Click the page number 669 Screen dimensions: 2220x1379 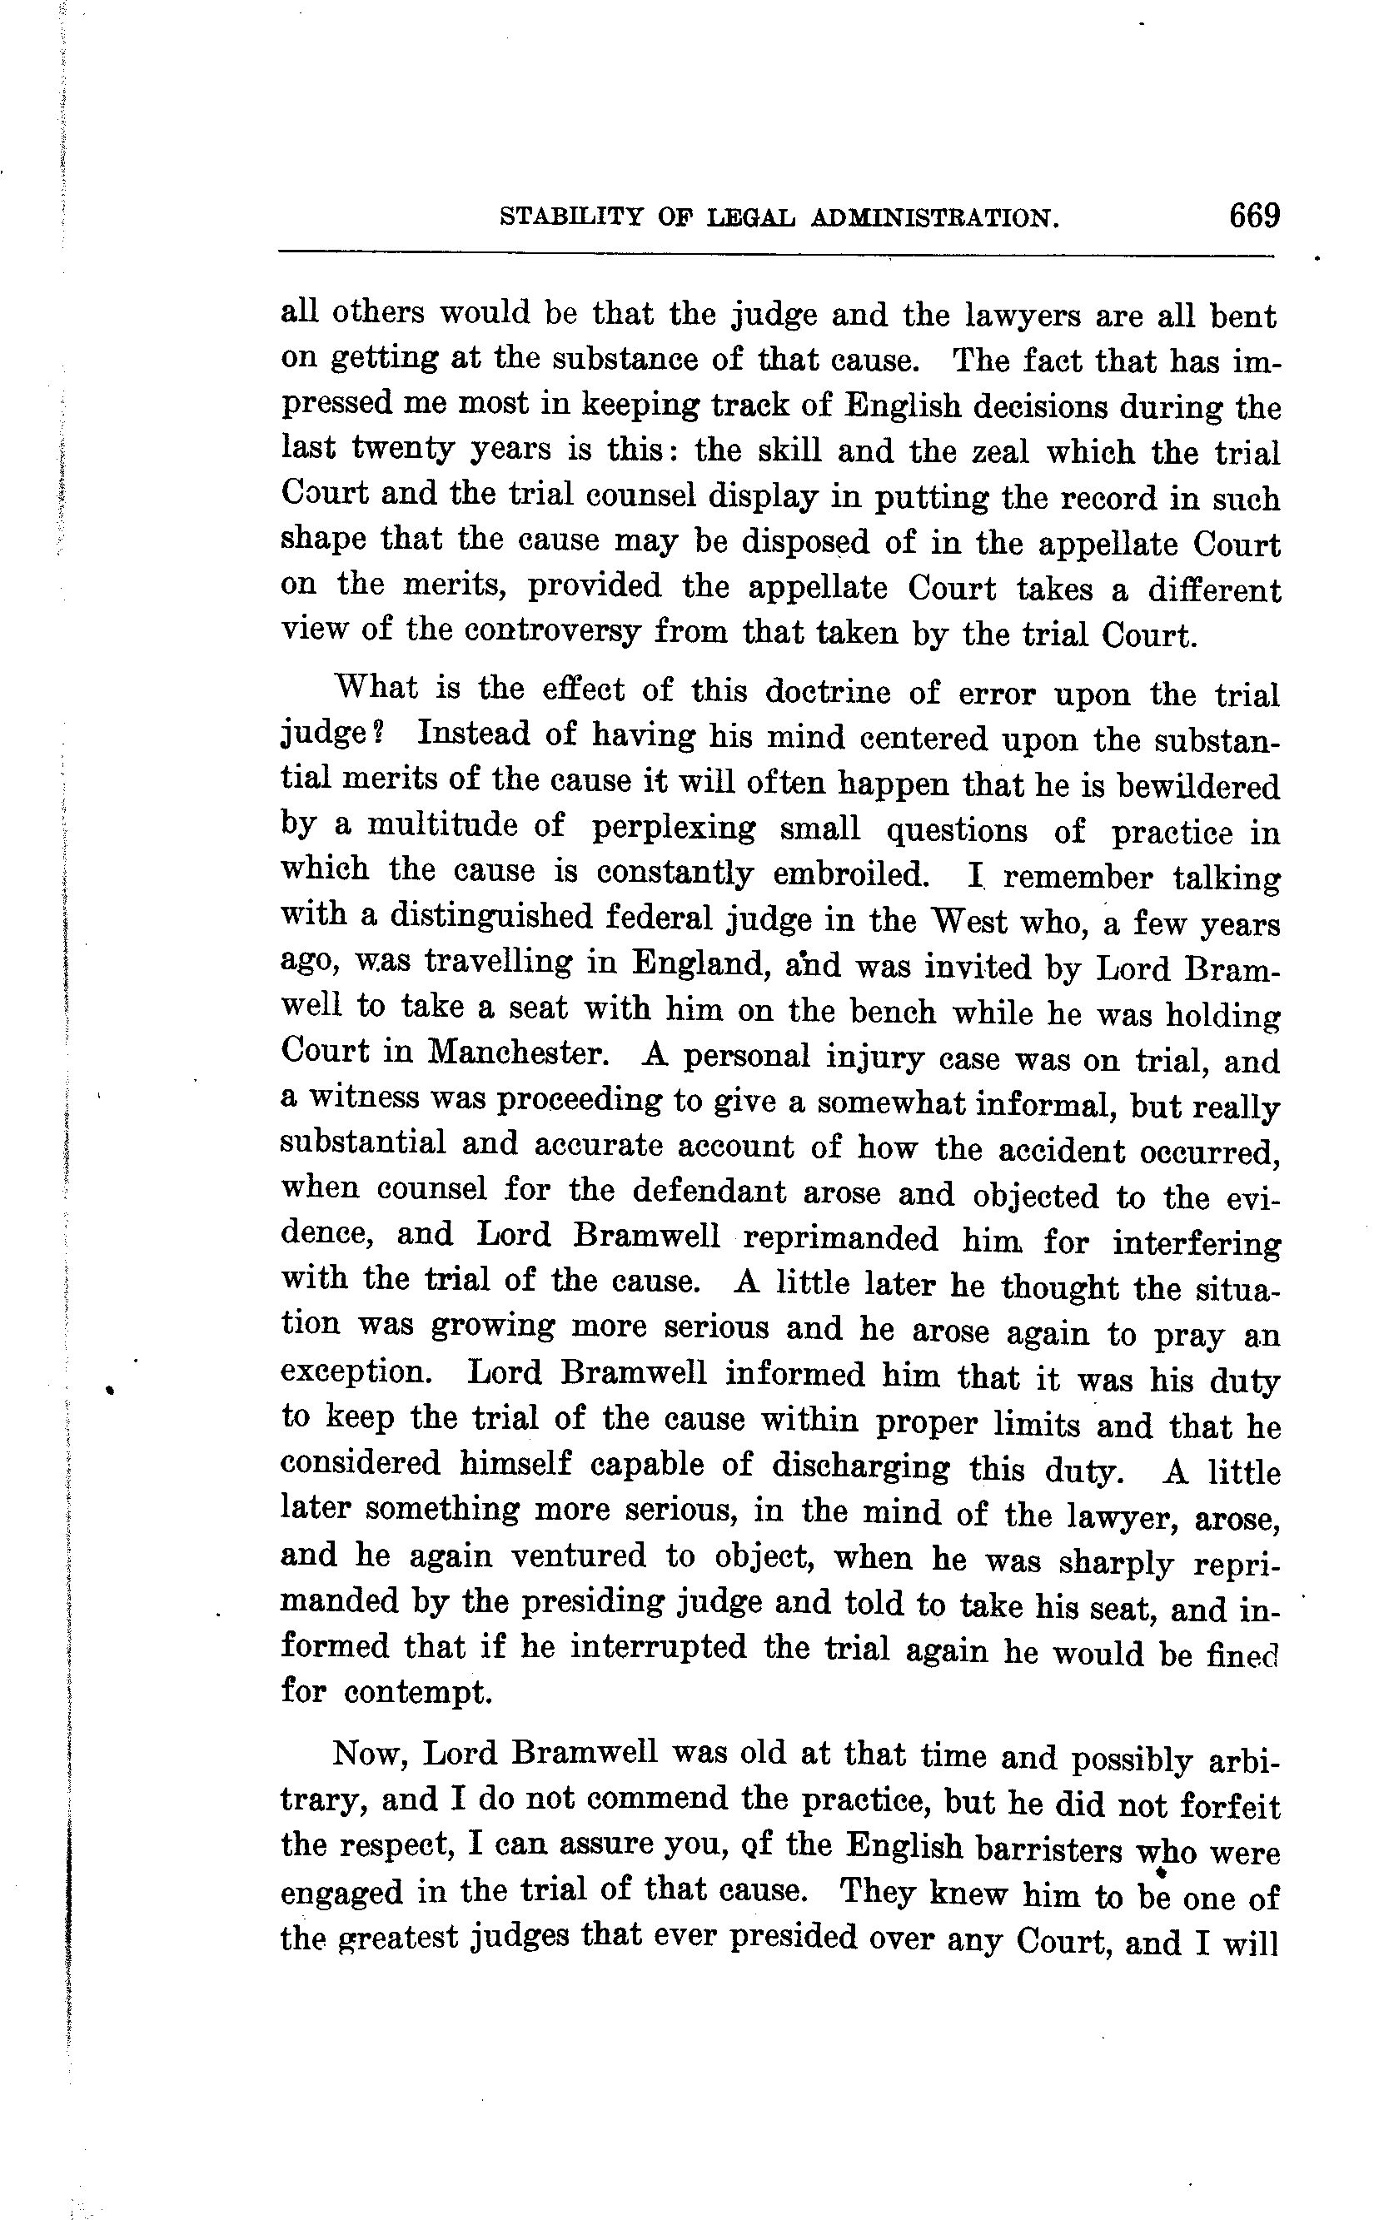1254,217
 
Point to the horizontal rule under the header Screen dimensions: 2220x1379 775,253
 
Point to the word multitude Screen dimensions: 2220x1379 443,827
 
